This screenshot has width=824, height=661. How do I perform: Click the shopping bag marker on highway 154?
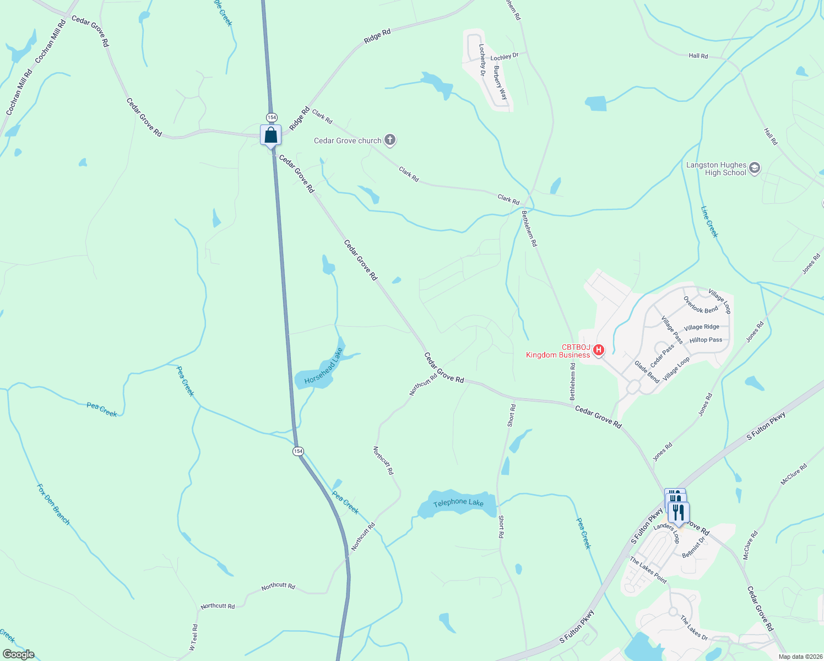[x=270, y=135]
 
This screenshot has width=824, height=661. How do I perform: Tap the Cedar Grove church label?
[x=348, y=141]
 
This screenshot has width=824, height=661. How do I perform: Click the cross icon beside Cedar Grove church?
[x=390, y=140]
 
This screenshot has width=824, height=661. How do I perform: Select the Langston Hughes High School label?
[x=716, y=169]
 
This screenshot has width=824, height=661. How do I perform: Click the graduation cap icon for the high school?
[x=755, y=168]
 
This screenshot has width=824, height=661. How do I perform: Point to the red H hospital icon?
[x=599, y=350]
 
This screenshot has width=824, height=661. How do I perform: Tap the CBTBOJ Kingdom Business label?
[x=558, y=351]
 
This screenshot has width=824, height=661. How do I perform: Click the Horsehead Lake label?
[x=323, y=366]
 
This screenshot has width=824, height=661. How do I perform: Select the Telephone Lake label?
[x=458, y=503]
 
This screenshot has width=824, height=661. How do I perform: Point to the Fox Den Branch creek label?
[x=53, y=504]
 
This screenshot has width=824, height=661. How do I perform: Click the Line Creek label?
[x=709, y=221]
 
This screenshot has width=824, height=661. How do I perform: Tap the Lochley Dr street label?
[x=505, y=57]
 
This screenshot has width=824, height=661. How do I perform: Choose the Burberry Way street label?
[x=500, y=83]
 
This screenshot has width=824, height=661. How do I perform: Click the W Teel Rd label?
[x=193, y=637]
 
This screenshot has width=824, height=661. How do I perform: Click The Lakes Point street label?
[x=648, y=570]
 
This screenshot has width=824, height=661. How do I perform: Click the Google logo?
[x=19, y=654]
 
